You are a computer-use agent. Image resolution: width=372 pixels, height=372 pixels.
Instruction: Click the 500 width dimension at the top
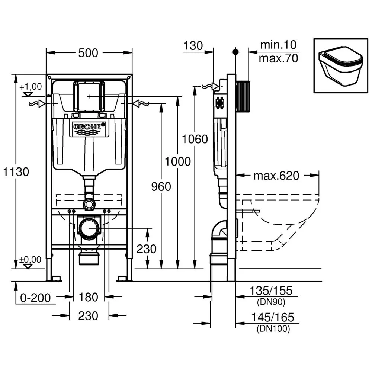coord(88,53)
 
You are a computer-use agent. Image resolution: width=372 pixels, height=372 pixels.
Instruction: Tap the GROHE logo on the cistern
coord(88,127)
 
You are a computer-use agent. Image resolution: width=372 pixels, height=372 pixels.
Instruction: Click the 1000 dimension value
coord(178,161)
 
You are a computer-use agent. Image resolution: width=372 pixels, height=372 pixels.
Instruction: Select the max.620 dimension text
coord(276,176)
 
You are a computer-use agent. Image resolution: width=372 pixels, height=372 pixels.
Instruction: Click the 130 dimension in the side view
coord(193,46)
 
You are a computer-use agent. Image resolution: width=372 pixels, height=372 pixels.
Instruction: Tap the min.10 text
coord(278,45)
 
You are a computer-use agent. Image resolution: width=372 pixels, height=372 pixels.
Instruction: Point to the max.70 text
coord(278,58)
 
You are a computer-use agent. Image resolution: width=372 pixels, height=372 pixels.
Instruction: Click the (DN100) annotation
coord(273,328)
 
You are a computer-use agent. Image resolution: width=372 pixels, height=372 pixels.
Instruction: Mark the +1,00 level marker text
coord(31,87)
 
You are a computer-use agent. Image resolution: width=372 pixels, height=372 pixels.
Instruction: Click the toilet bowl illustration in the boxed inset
coord(340,65)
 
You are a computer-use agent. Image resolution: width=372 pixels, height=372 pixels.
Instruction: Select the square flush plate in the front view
coord(89,96)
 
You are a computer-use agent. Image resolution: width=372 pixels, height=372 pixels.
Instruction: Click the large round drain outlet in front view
coord(89,227)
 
